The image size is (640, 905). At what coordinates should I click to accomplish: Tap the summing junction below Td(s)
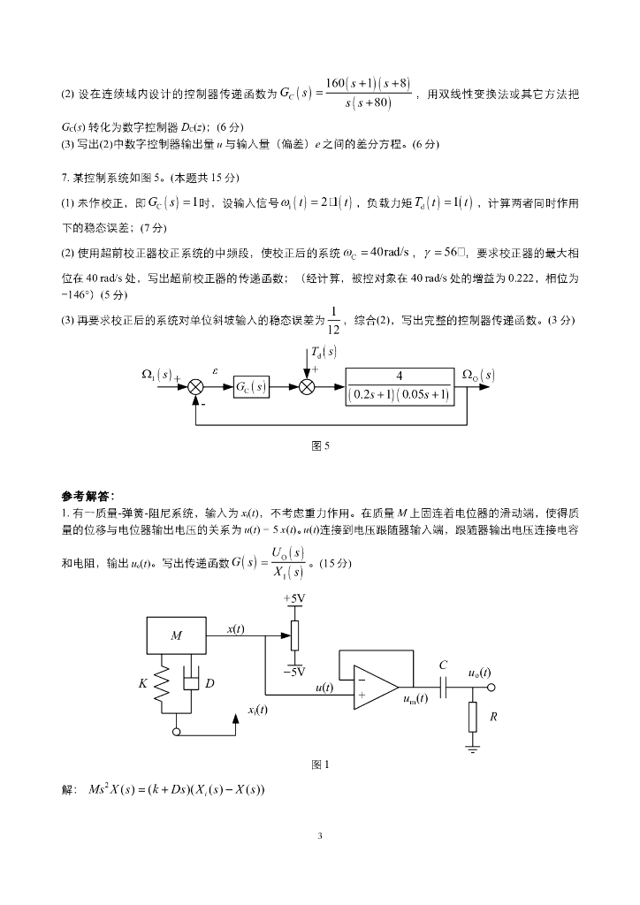click(x=308, y=387)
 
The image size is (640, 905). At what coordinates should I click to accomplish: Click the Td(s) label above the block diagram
click(x=324, y=352)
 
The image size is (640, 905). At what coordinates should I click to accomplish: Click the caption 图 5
click(x=321, y=446)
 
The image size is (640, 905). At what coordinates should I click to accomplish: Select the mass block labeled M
click(x=177, y=635)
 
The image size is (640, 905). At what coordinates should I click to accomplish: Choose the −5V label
click(x=294, y=671)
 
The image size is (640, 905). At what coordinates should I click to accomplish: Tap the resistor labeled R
click(x=475, y=716)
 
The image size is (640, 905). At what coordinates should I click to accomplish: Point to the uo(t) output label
click(x=479, y=673)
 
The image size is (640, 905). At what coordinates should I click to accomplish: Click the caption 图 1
click(x=321, y=765)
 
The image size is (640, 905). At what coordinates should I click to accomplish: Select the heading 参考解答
click(x=88, y=495)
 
